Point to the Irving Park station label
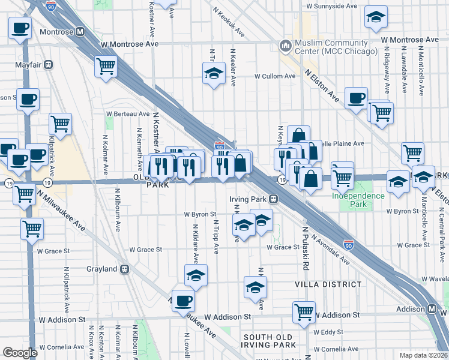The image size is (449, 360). coord(248,198)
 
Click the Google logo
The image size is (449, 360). coord(20,352)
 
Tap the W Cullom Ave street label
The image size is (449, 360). coord(275,77)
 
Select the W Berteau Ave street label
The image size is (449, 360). coord(127,113)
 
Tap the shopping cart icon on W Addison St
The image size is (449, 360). coord(304,311)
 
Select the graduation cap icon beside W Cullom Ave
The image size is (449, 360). coord(213,74)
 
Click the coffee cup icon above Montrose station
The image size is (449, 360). coord(19,26)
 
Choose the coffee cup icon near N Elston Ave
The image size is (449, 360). coord(356,97)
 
